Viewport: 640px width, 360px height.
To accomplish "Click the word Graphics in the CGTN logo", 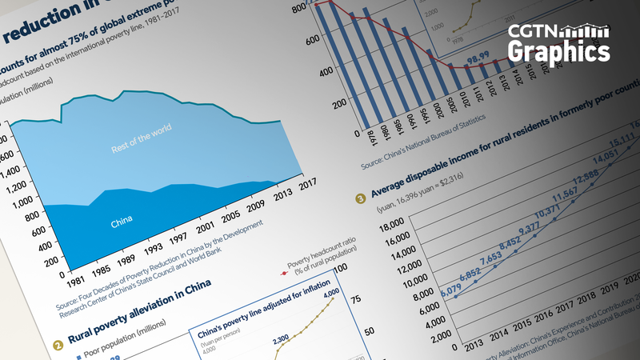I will (x=558, y=51).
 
